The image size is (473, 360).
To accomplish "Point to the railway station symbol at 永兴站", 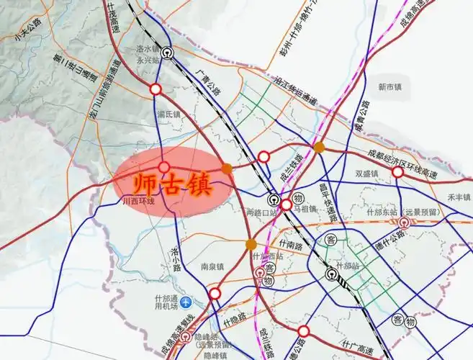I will click(x=167, y=52).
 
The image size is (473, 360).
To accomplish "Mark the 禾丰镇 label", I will click(x=458, y=196).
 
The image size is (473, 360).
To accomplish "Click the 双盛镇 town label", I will click(x=366, y=174).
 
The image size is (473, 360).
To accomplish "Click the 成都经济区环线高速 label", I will click(x=406, y=153).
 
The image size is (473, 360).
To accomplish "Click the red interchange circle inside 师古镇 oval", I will click(x=164, y=167).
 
